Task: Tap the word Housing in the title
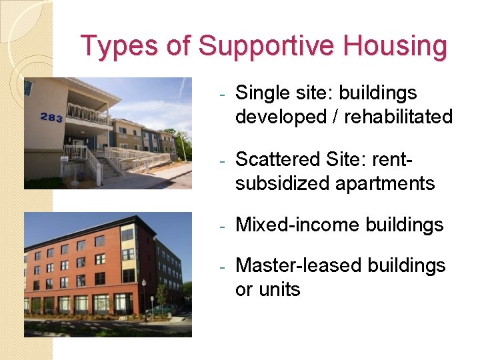(396, 47)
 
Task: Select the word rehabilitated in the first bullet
(398, 117)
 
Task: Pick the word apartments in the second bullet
(381, 183)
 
